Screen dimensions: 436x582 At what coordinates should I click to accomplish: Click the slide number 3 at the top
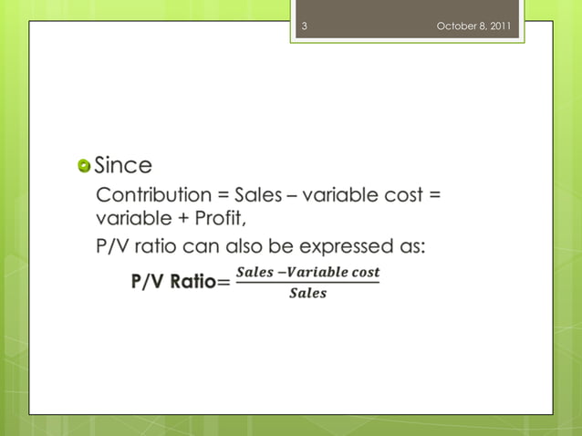pos(304,26)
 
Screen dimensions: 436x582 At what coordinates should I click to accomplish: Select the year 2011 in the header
pos(501,26)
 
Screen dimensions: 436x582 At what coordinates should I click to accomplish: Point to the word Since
pos(123,166)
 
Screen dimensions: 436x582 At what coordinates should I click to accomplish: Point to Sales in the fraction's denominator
pos(307,294)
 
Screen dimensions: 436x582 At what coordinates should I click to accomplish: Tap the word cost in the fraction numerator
pos(365,273)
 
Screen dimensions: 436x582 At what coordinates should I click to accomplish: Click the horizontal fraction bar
pos(307,283)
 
